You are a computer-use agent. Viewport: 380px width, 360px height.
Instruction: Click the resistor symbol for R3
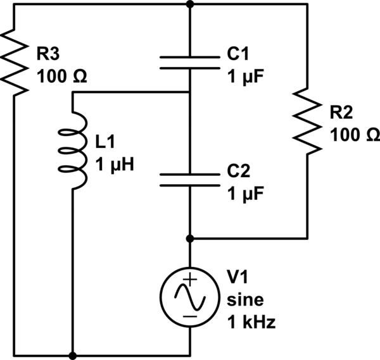[x=14, y=61]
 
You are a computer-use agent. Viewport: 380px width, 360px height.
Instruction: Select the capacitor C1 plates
[x=190, y=61]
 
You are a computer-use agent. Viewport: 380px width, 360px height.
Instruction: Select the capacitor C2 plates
[x=190, y=180]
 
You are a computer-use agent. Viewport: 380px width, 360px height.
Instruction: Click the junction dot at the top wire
[x=190, y=4]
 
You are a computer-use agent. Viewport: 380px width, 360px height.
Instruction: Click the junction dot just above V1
[x=190, y=239]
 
